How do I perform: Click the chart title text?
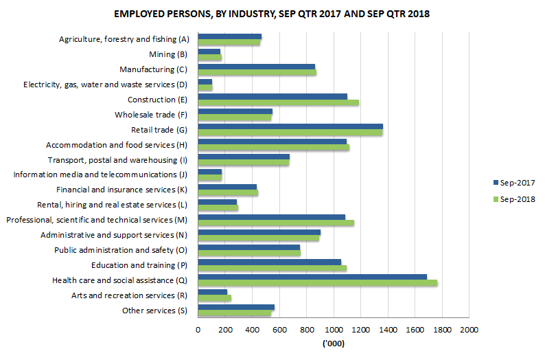click(x=272, y=14)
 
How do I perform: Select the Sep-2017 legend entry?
click(x=513, y=183)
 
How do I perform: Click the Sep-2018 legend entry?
click(x=513, y=199)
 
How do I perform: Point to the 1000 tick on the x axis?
click(x=334, y=330)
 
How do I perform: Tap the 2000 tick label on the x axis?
click(x=469, y=330)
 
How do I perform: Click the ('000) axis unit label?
click(x=334, y=344)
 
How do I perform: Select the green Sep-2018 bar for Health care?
click(x=317, y=282)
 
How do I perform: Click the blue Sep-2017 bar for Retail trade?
click(x=290, y=126)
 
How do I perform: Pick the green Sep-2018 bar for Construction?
click(x=278, y=103)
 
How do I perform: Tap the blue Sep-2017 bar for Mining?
click(x=209, y=52)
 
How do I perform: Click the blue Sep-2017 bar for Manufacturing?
click(x=256, y=67)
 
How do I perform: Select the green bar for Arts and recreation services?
click(x=214, y=297)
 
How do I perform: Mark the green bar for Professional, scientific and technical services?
click(x=275, y=223)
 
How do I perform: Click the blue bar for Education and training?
click(x=269, y=262)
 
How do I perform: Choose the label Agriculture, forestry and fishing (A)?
click(x=124, y=39)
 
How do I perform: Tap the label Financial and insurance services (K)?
click(x=121, y=190)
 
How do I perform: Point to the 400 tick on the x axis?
click(x=252, y=330)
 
